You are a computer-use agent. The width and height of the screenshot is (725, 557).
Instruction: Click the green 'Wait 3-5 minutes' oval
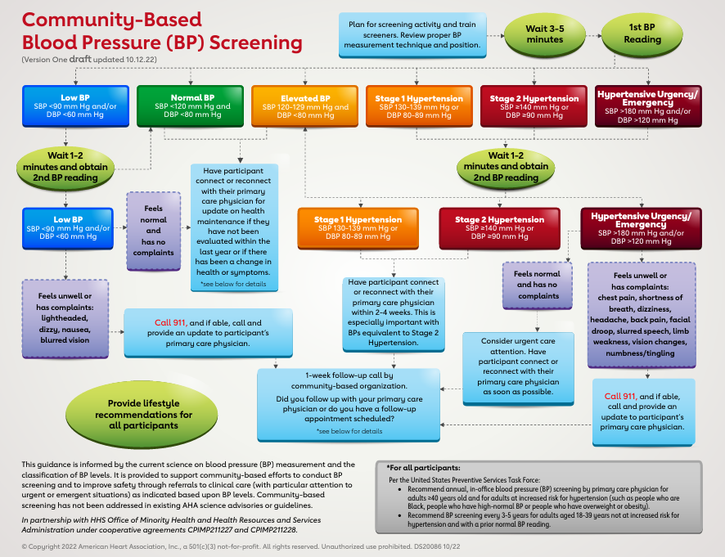(x=545, y=34)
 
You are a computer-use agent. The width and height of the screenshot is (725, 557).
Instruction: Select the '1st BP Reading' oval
(x=642, y=34)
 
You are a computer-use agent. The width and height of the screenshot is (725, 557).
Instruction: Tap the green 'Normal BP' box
(x=190, y=106)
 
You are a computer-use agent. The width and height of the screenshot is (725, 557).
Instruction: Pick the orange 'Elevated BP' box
(x=304, y=106)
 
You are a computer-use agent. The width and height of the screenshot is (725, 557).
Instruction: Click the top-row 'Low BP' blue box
(x=75, y=106)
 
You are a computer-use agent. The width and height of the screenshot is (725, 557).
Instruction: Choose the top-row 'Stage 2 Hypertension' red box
(x=534, y=106)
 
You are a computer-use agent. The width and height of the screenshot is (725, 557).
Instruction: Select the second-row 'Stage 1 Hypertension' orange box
(x=358, y=228)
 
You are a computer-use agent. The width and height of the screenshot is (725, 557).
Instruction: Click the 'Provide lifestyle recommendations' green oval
(x=142, y=414)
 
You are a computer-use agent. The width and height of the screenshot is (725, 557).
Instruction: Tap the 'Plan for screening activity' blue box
(x=412, y=35)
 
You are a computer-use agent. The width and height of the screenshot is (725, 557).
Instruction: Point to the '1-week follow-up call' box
(x=349, y=405)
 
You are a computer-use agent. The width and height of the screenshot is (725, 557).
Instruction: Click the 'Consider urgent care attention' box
(x=518, y=369)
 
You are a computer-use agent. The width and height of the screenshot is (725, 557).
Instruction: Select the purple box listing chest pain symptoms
(x=642, y=315)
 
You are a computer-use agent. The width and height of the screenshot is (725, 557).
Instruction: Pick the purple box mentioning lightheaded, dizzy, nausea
(x=65, y=318)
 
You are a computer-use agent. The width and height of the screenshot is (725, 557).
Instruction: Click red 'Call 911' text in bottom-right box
(x=620, y=396)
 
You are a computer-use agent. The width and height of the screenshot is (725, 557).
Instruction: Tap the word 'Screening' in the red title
(x=255, y=43)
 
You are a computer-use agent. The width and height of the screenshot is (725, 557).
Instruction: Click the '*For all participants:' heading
(x=424, y=468)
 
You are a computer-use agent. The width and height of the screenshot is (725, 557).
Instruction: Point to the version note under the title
(x=89, y=59)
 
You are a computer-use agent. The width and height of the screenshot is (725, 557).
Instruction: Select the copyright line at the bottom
(x=241, y=546)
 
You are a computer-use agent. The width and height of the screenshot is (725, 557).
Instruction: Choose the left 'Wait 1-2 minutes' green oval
(x=65, y=167)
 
